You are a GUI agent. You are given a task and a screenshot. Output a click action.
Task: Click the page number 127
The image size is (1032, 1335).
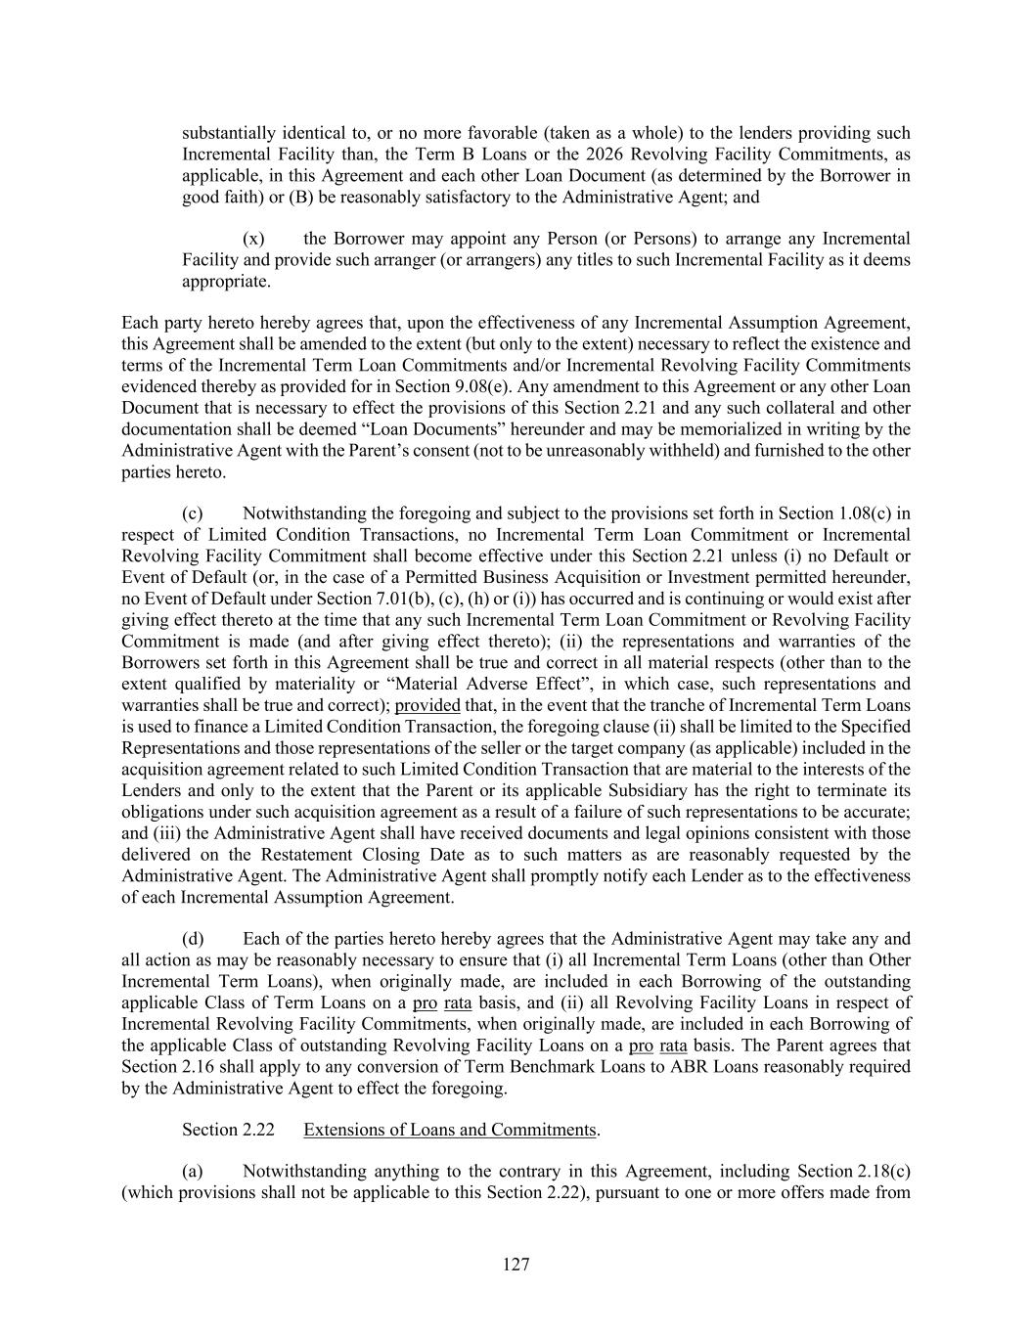[x=516, y=1265]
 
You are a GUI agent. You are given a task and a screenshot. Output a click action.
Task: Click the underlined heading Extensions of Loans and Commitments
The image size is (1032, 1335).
[x=450, y=1130]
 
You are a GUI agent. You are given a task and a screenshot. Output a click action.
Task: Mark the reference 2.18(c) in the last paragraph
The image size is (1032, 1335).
[x=884, y=1172]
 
